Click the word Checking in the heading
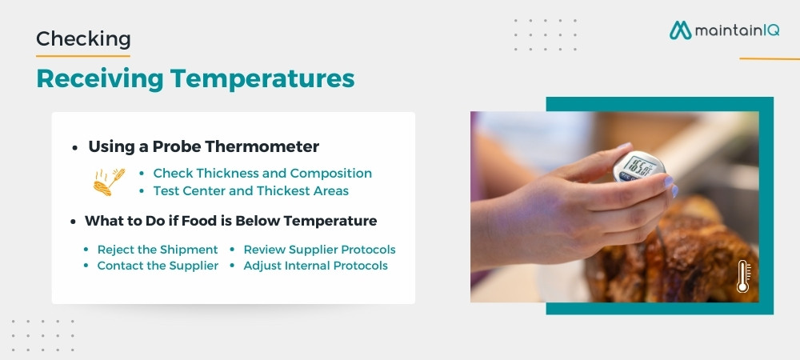[83, 39]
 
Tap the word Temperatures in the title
[262, 79]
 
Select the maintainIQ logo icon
[680, 30]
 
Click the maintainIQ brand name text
[737, 30]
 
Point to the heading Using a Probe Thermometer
[203, 147]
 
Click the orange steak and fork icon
[109, 182]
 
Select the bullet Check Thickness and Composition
[262, 174]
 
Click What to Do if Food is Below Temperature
[230, 222]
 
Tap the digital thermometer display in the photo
[638, 166]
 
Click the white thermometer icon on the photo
[743, 276]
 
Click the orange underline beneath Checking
[82, 55]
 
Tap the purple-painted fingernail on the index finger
[668, 181]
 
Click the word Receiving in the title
[99, 79]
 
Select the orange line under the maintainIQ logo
[770, 58]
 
